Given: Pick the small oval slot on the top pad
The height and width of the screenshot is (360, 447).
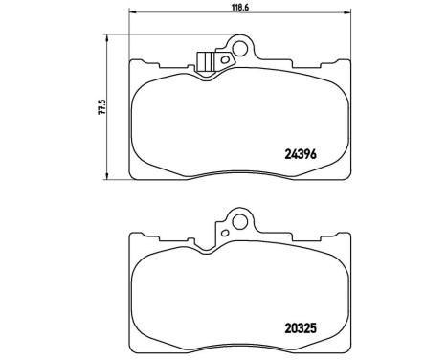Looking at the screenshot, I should (224, 59).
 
